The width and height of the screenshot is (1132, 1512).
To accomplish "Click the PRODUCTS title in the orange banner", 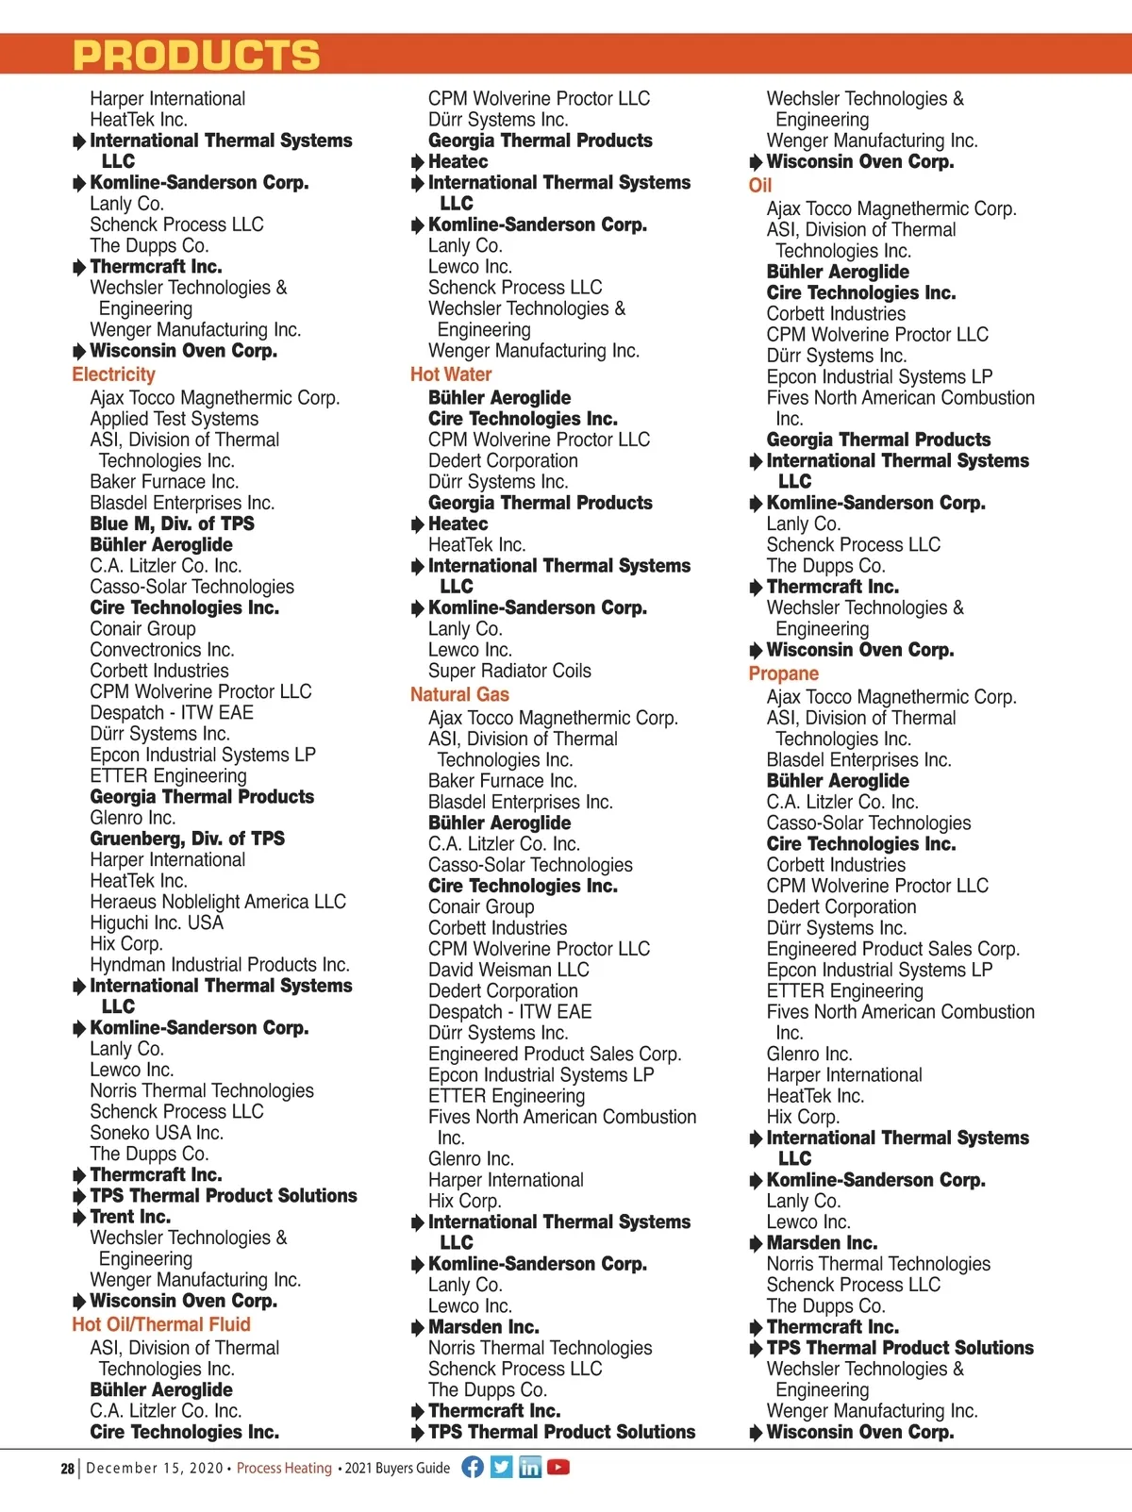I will (x=196, y=56).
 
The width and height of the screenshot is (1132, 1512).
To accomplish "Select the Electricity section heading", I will (x=113, y=374).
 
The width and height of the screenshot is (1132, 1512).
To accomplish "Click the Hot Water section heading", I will (x=451, y=374).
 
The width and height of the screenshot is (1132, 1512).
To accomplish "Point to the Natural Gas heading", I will (x=459, y=694).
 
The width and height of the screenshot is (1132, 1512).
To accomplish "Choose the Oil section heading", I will (x=759, y=185).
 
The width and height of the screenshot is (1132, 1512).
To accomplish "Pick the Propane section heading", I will (x=783, y=673).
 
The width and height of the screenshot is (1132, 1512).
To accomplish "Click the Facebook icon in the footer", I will (x=473, y=1467).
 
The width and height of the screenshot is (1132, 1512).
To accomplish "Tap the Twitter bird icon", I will (x=502, y=1467).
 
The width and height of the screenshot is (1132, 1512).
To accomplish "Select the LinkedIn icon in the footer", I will (x=530, y=1467).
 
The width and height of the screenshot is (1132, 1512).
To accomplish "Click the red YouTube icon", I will (x=558, y=1467).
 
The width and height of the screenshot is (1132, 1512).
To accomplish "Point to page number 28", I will (x=67, y=1469).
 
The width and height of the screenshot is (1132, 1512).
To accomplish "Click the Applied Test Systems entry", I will (x=174, y=419).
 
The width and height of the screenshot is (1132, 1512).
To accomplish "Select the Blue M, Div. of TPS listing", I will (x=172, y=523).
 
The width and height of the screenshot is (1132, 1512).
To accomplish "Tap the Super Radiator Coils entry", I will (x=509, y=671).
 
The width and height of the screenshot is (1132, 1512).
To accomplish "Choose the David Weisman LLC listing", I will (x=508, y=970).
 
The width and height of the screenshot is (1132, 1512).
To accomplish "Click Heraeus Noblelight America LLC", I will (x=218, y=902).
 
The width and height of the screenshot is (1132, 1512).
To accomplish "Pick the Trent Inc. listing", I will (x=130, y=1217).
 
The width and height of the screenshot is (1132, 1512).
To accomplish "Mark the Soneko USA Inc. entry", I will (x=157, y=1133).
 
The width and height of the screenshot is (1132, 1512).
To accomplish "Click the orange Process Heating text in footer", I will (x=284, y=1469).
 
